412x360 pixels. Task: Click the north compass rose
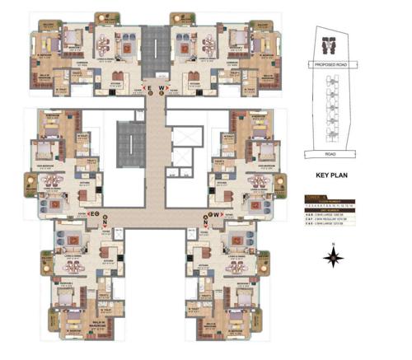pyautogui.click(x=334, y=260)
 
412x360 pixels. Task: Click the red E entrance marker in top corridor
pyautogui.click(x=146, y=86)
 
